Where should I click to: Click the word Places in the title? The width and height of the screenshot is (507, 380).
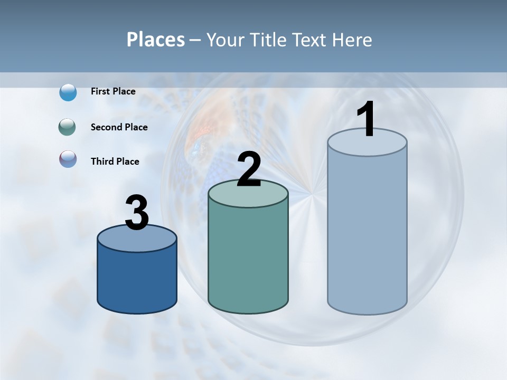(x=156, y=40)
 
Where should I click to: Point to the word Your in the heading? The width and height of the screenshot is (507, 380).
(x=223, y=40)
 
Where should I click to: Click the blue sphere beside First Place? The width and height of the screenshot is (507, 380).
(x=68, y=92)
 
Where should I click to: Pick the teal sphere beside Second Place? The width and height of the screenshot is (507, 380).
(x=68, y=127)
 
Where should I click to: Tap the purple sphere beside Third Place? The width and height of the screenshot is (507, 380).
(x=68, y=159)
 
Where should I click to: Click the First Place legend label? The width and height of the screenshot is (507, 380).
(x=113, y=91)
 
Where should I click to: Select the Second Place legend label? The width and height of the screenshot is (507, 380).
(x=119, y=127)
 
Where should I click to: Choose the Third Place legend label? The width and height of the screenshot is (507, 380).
(x=115, y=161)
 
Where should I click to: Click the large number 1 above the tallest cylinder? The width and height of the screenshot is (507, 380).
(x=366, y=120)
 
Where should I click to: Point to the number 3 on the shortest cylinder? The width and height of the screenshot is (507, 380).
(x=137, y=213)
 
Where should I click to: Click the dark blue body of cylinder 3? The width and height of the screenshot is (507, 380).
(x=137, y=280)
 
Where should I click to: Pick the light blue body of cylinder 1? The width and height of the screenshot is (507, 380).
(x=367, y=232)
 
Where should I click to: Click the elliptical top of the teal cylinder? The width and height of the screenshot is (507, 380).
(x=248, y=195)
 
